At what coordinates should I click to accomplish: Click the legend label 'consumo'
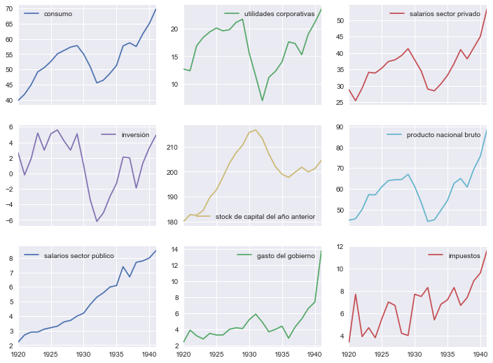[x=57, y=13]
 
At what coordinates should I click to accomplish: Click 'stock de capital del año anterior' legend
[x=265, y=217]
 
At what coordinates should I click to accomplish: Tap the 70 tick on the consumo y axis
[x=8, y=9]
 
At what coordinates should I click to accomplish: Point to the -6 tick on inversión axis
[x=8, y=221]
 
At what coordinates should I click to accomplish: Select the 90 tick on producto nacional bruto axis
[x=338, y=127]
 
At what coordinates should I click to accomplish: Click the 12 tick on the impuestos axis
[x=339, y=247]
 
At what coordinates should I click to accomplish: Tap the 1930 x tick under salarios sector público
[x=85, y=355]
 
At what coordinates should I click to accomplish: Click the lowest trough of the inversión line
[x=97, y=222]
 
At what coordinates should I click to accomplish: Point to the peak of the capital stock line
[x=256, y=129]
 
